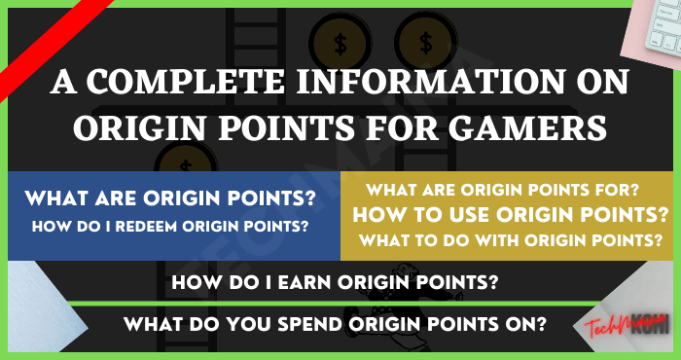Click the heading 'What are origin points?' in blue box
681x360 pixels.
click(x=170, y=199)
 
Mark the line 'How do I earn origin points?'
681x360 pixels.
click(x=340, y=284)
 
